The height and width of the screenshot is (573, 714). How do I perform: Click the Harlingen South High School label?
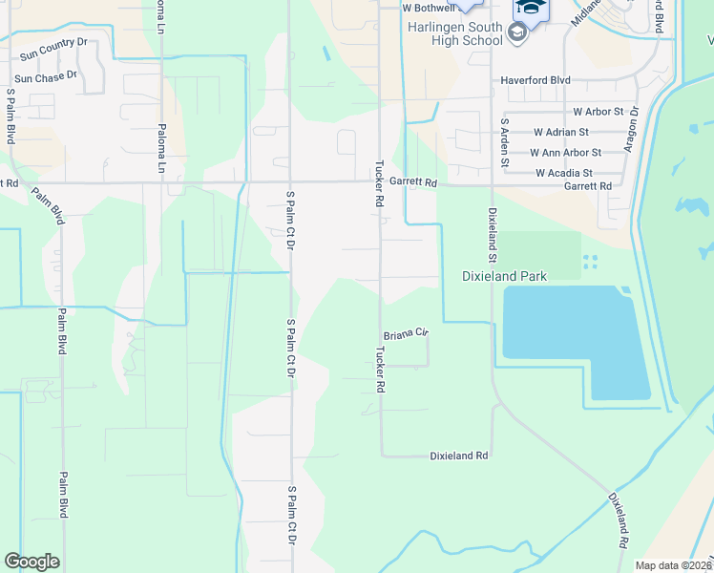coord(454,33)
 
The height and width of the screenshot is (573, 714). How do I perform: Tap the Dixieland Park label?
coord(504,276)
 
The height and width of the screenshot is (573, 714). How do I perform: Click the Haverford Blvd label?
coord(535,80)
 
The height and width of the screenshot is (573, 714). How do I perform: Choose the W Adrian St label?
coord(561,132)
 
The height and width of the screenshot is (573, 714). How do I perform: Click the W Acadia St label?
coord(564,173)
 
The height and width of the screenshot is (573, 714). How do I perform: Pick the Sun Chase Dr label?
coord(45,74)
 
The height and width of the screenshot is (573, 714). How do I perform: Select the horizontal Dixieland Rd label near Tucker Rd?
coord(458,456)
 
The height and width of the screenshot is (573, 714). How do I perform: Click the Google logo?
coord(31,562)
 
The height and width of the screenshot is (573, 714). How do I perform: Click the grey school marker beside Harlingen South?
coord(517,34)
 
